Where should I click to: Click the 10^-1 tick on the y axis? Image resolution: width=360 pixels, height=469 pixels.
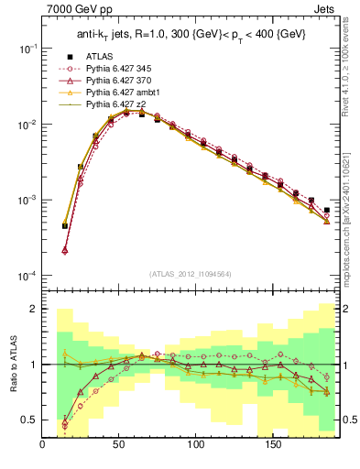click(x=27, y=49)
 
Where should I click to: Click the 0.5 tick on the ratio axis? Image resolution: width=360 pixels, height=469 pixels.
click(x=27, y=420)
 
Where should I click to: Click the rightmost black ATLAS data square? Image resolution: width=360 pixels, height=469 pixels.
click(x=327, y=210)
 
